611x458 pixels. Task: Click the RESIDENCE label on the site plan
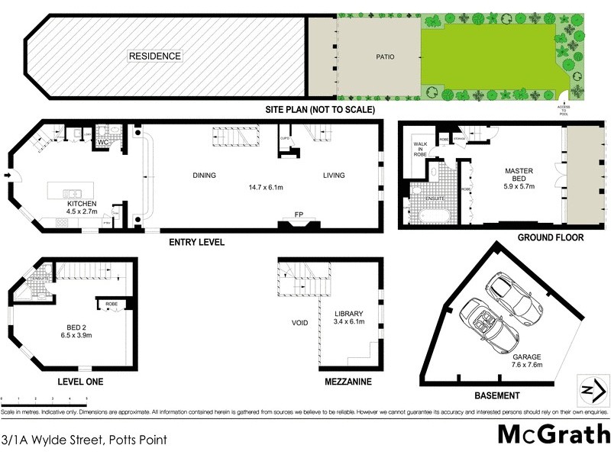(155, 56)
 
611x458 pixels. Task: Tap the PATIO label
(384, 56)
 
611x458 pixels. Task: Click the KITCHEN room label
(81, 204)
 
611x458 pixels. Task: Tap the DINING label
(204, 176)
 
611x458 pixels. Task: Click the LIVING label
(333, 176)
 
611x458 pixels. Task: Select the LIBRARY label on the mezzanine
(349, 314)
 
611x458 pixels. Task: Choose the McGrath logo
(553, 434)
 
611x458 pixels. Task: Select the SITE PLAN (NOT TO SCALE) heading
(320, 110)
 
